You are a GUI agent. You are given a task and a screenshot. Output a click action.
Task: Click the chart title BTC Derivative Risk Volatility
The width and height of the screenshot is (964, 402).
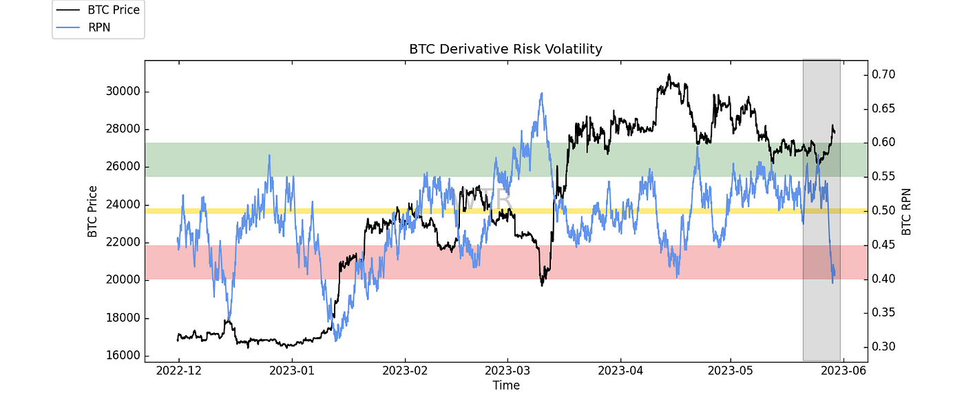[x=505, y=49]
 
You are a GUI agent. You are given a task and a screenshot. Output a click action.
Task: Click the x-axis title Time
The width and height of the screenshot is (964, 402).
[x=505, y=385]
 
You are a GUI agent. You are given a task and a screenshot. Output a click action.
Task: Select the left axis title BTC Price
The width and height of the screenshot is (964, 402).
[x=92, y=211]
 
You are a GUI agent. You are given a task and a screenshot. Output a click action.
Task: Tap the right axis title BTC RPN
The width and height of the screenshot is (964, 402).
[x=906, y=211]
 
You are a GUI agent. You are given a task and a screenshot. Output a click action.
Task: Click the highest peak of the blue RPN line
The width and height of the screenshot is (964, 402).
[x=542, y=93]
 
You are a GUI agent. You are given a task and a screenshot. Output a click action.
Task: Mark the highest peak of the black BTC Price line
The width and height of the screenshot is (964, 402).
[x=669, y=74]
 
